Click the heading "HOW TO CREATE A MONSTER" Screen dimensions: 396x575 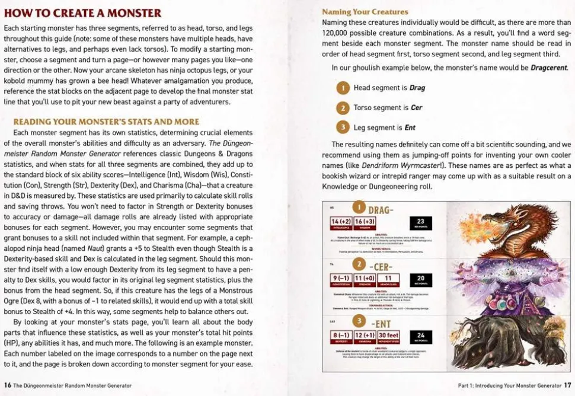(x=82, y=13)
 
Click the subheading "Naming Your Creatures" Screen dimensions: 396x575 (x=365, y=11)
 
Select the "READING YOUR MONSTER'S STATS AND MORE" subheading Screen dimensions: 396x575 (x=106, y=122)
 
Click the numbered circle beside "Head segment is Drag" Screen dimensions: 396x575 (x=343, y=88)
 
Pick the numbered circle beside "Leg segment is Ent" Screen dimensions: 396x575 (x=343, y=127)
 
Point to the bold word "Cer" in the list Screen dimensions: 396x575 (x=416, y=108)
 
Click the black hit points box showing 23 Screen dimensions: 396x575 (x=420, y=223)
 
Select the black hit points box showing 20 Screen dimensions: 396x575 (x=420, y=280)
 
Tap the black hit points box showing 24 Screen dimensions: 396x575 (x=420, y=337)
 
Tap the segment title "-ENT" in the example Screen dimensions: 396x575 (x=380, y=323)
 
